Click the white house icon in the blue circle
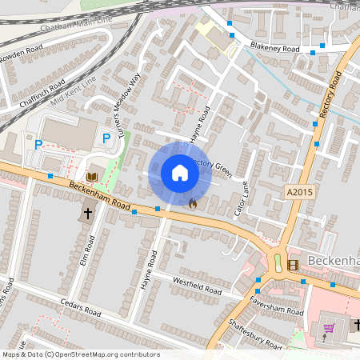coord(180,173)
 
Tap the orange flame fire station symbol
coord(193,203)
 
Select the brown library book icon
coord(91,176)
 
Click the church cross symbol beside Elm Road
coord(87,214)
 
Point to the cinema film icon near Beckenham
coord(292,264)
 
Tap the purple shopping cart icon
coord(328,328)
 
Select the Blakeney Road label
coord(274,49)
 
